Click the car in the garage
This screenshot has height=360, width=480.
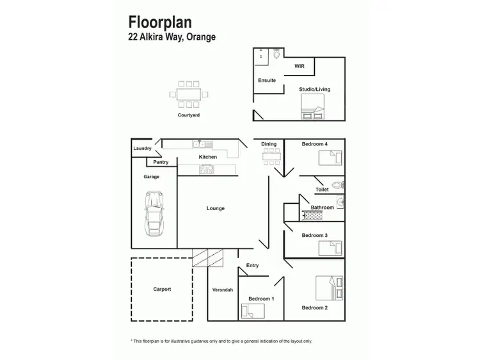[153, 213]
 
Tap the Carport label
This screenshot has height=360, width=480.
[162, 289]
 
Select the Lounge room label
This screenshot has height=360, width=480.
[216, 208]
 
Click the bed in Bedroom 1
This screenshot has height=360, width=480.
[252, 311]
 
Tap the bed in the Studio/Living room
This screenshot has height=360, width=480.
[313, 107]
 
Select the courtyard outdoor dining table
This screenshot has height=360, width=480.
[189, 94]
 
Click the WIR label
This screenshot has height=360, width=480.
[299, 66]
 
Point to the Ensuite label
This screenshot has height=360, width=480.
[267, 80]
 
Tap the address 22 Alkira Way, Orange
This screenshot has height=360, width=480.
[172, 37]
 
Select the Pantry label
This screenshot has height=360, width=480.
[161, 162]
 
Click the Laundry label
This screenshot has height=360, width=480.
[143, 149]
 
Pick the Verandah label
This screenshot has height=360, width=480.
[223, 290]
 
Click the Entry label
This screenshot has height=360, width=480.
[253, 265]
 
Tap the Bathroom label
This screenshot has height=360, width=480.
[323, 208]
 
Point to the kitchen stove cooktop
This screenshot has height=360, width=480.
[207, 170]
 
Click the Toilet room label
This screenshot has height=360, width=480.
[322, 190]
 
